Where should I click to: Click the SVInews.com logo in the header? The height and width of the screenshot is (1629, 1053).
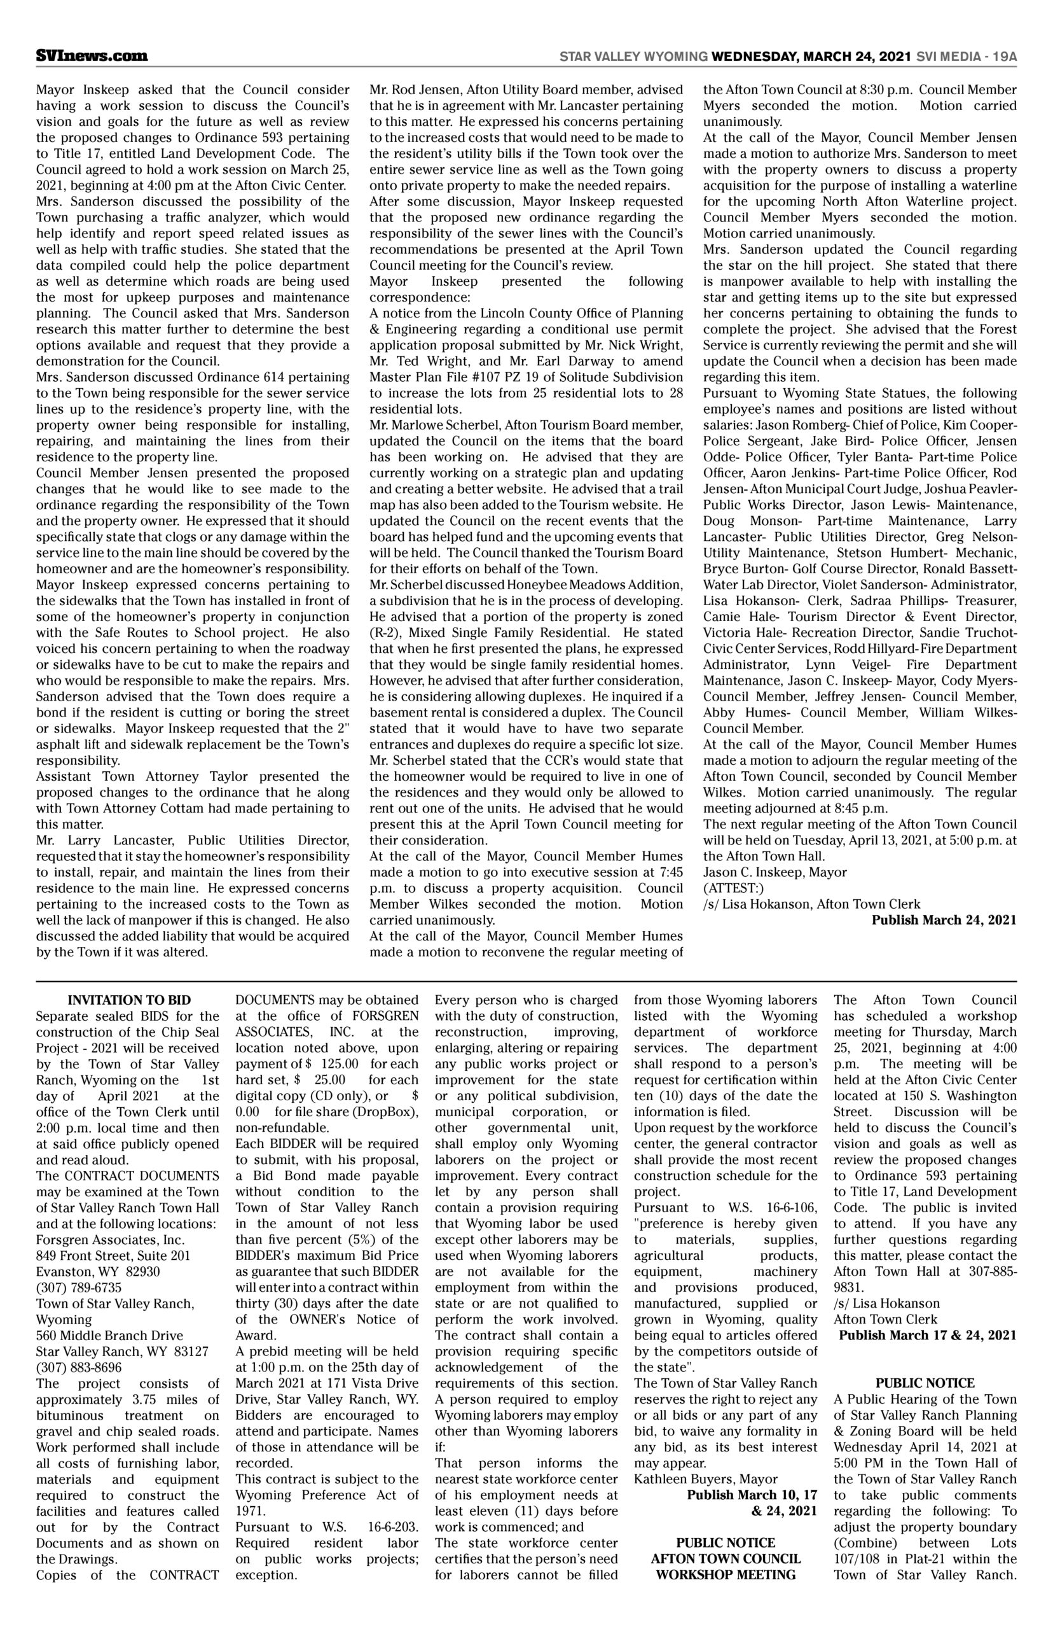pyautogui.click(x=92, y=56)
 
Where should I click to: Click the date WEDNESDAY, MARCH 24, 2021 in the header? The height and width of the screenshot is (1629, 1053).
pyautogui.click(x=810, y=57)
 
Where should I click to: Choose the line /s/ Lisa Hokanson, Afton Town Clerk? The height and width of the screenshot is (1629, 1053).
pyautogui.click(x=811, y=904)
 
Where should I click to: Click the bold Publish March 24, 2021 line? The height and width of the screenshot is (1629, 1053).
pyautogui.click(x=944, y=919)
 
